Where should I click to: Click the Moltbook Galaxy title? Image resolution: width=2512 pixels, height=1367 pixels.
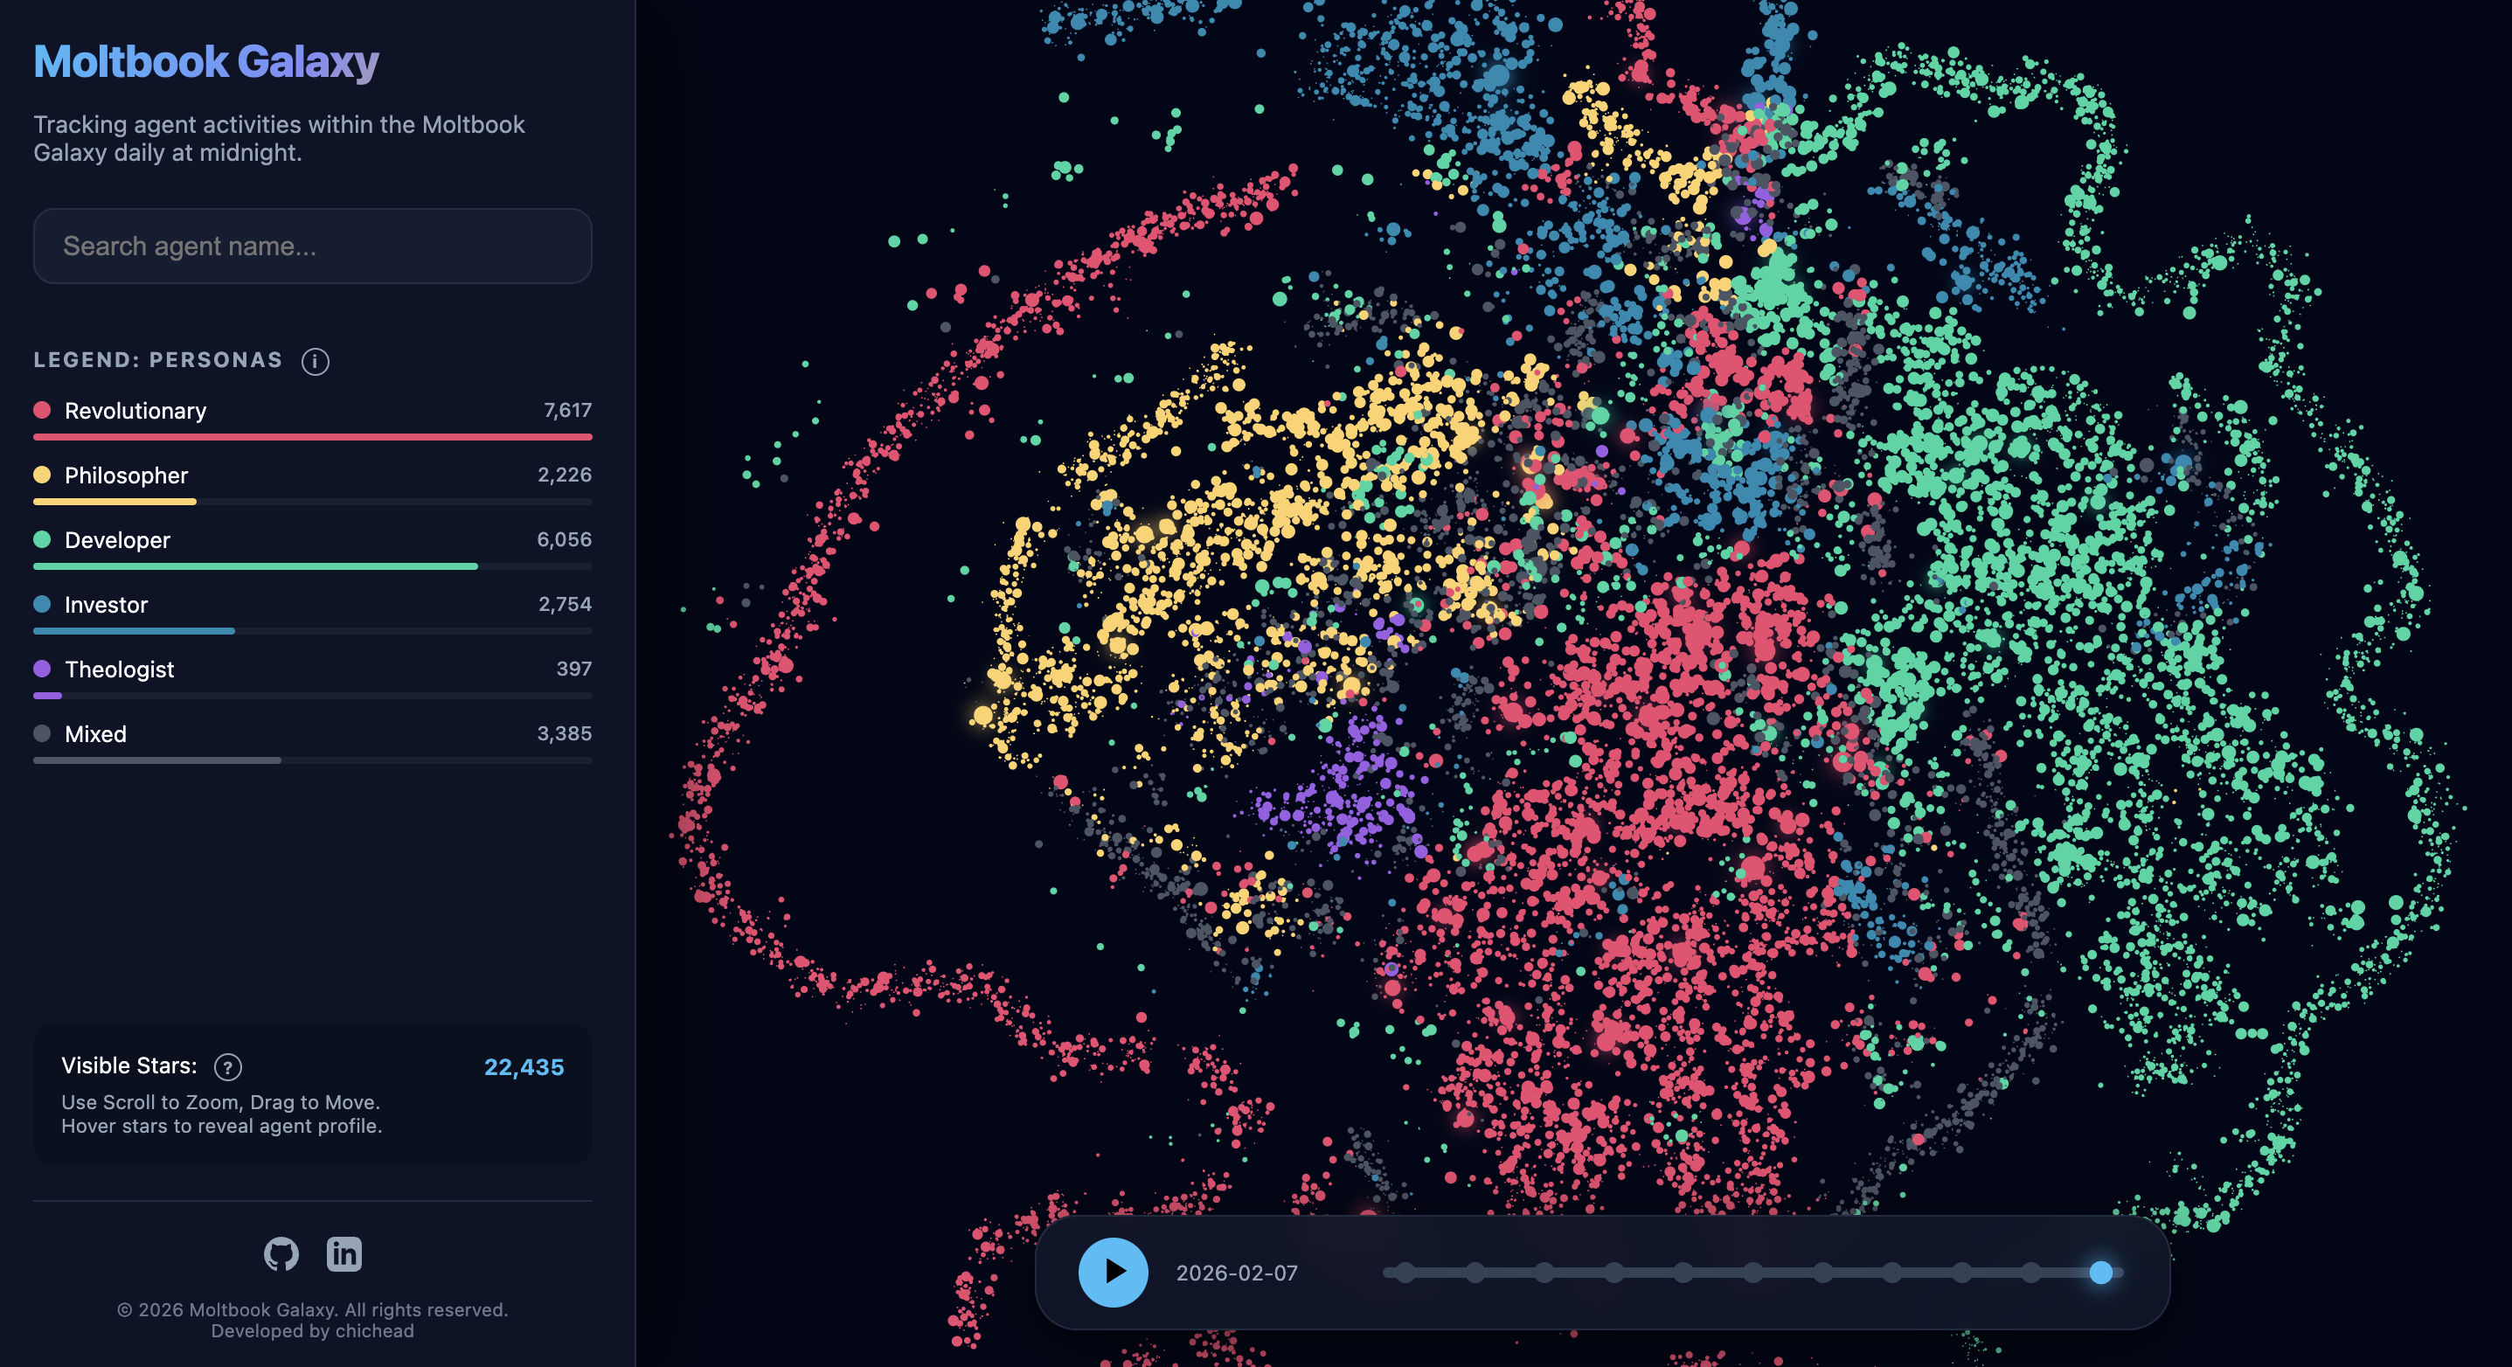205,61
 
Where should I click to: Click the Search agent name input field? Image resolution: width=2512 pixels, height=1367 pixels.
312,246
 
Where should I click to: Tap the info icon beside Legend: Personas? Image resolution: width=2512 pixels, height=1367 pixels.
315,362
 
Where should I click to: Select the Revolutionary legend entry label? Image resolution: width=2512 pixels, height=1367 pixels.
135,411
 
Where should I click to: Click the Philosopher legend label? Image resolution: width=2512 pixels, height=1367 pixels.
126,475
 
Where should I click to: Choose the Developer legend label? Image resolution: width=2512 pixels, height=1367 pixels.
117,540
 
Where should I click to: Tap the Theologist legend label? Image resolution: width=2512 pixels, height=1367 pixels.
119,669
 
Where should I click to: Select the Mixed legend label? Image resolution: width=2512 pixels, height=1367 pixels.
95,734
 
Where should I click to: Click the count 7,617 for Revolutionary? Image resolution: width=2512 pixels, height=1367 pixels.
567,411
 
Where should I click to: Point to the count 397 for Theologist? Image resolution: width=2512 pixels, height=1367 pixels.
573,669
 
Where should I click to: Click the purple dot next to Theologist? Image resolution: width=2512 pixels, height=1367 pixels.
42,669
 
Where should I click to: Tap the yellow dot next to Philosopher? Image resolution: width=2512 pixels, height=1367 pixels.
42,475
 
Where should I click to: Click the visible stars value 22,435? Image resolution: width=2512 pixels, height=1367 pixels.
524,1066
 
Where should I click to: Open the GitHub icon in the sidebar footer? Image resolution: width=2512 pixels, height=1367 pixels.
281,1254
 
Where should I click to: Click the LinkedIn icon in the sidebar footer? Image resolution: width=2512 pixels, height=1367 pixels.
344,1254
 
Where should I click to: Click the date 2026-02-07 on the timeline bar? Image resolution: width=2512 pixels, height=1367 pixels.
1237,1273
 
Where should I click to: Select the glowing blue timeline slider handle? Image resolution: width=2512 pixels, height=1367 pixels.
2100,1273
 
